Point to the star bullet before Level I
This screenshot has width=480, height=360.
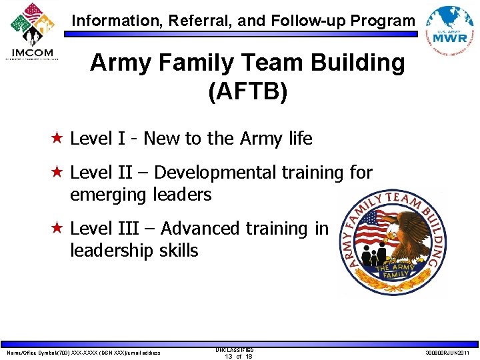(58, 139)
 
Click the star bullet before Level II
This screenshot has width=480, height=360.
(58, 173)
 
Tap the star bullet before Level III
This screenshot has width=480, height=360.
(58, 229)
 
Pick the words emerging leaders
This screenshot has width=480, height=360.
(141, 195)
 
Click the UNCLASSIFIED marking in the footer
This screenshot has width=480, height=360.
(235, 349)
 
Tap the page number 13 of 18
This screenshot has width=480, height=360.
(235, 356)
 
